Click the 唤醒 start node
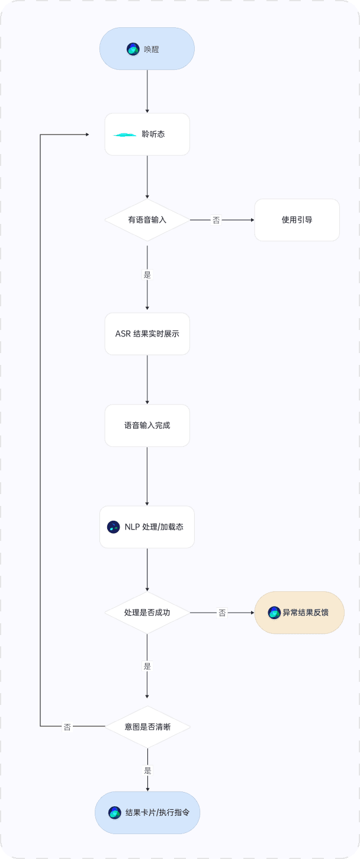147,49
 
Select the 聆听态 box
147,134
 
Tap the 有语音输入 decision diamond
147,220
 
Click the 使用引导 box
297,220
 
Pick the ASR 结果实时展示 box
147,334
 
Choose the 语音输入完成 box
147,425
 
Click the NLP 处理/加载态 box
147,527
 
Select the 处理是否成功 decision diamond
147,613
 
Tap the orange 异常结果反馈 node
299,613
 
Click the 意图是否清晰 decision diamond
147,726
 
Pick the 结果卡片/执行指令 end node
147,813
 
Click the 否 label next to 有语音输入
216,220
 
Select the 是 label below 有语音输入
147,274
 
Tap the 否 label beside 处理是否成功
222,613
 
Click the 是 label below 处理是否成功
147,666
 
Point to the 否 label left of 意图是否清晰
67,727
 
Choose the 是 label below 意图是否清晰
147,771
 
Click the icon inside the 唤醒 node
133,49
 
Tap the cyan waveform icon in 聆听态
125,135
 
